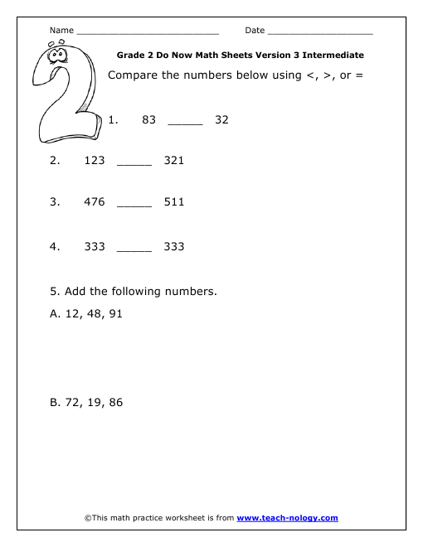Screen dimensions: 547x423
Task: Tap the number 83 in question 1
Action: click(x=149, y=119)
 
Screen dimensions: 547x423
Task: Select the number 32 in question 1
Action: click(x=221, y=119)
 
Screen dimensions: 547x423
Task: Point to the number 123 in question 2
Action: click(x=95, y=160)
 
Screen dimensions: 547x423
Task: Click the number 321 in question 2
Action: click(x=174, y=160)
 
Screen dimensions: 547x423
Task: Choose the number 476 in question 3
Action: click(x=95, y=201)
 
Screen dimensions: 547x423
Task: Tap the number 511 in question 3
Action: click(x=174, y=201)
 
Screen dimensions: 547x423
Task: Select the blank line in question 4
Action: click(x=134, y=250)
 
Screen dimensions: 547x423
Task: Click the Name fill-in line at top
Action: click(x=147, y=32)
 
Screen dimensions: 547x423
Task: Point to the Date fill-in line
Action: click(x=320, y=32)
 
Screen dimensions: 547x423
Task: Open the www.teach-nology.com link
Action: click(x=287, y=518)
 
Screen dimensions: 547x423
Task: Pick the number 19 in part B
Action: click(x=94, y=403)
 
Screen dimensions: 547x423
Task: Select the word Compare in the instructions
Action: click(x=134, y=75)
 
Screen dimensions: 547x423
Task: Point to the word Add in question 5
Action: click(x=75, y=291)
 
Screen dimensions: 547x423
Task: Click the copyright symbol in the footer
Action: click(x=88, y=518)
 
